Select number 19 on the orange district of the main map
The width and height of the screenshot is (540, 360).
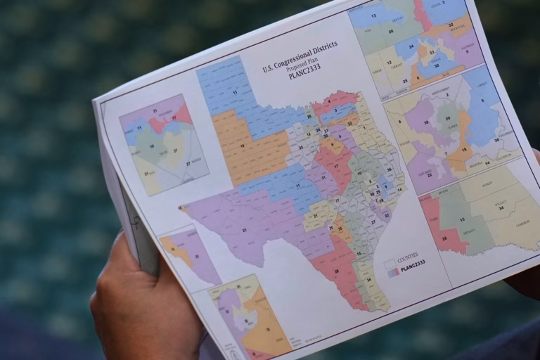[x=242, y=146]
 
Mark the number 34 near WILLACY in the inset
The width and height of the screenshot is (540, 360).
[x=501, y=208]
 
